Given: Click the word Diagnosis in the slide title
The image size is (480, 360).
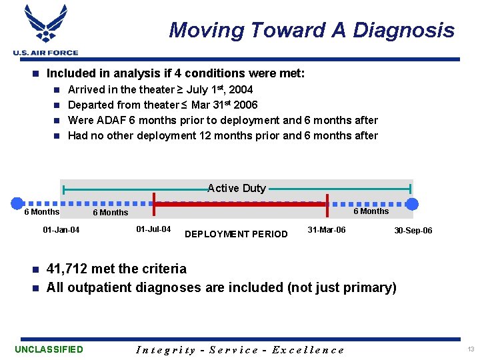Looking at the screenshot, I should point(403,30).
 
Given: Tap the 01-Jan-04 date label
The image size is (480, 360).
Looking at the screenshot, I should point(61,231).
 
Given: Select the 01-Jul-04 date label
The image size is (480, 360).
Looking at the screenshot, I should point(153,229).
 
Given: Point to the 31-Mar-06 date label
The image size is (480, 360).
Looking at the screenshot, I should point(327,229).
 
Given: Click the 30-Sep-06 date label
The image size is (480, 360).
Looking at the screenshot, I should point(413,231).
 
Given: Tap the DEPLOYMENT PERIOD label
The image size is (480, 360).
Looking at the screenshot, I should point(236,234).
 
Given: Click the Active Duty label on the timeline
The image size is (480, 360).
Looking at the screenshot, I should point(237,189).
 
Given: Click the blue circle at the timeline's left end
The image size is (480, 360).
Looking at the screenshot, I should point(17,203).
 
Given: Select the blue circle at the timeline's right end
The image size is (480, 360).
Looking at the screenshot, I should point(413,203).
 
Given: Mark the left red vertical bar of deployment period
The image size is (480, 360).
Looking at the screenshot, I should point(155,204).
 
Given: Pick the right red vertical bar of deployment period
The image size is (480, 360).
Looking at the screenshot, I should point(327,204).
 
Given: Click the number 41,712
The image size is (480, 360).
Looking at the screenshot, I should point(68,269).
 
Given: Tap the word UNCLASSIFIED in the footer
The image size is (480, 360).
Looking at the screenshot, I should point(49,349).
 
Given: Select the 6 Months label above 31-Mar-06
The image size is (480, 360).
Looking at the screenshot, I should point(371,211).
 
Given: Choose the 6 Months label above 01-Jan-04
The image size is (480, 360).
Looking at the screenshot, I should point(41,212).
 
